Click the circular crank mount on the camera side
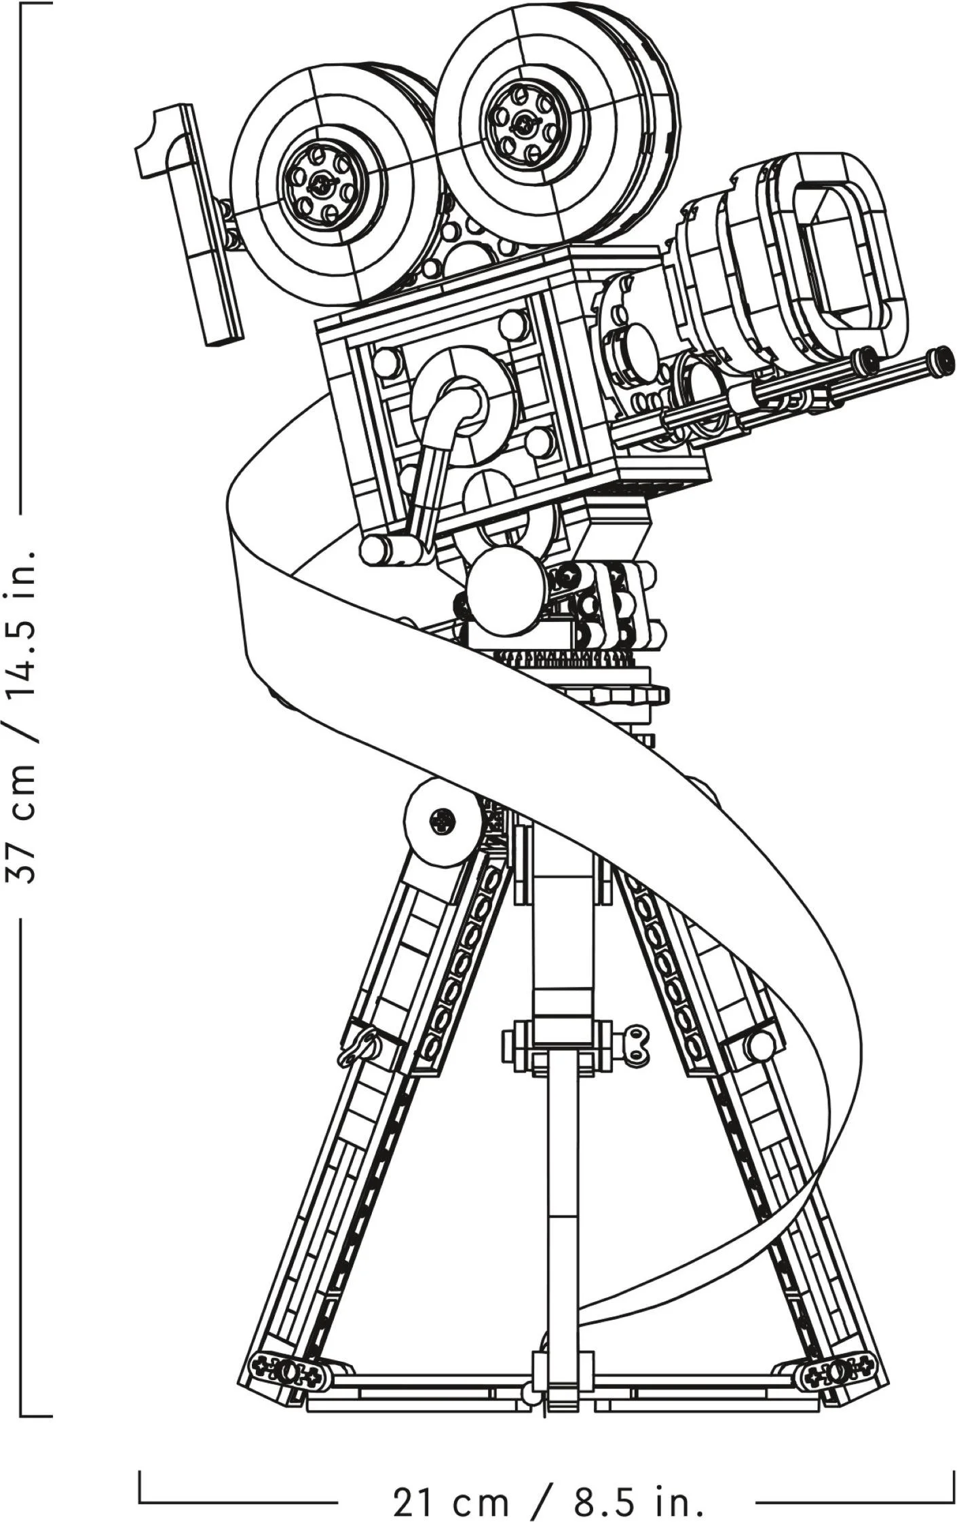click(x=464, y=406)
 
